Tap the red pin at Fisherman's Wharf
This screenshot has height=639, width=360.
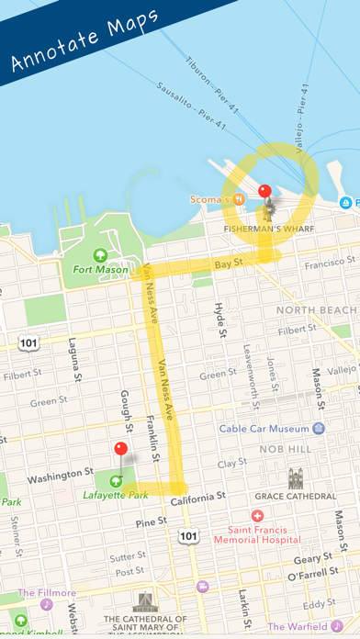click(264, 192)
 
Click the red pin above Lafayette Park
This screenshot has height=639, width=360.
click(120, 449)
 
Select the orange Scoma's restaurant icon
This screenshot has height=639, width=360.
click(239, 197)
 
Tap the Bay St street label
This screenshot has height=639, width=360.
click(229, 263)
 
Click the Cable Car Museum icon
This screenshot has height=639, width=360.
click(319, 428)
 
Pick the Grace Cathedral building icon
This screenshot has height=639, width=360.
click(296, 478)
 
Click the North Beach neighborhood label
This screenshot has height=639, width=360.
click(318, 310)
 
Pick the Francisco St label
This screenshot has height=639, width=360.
click(331, 264)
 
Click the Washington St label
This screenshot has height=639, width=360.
click(61, 478)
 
